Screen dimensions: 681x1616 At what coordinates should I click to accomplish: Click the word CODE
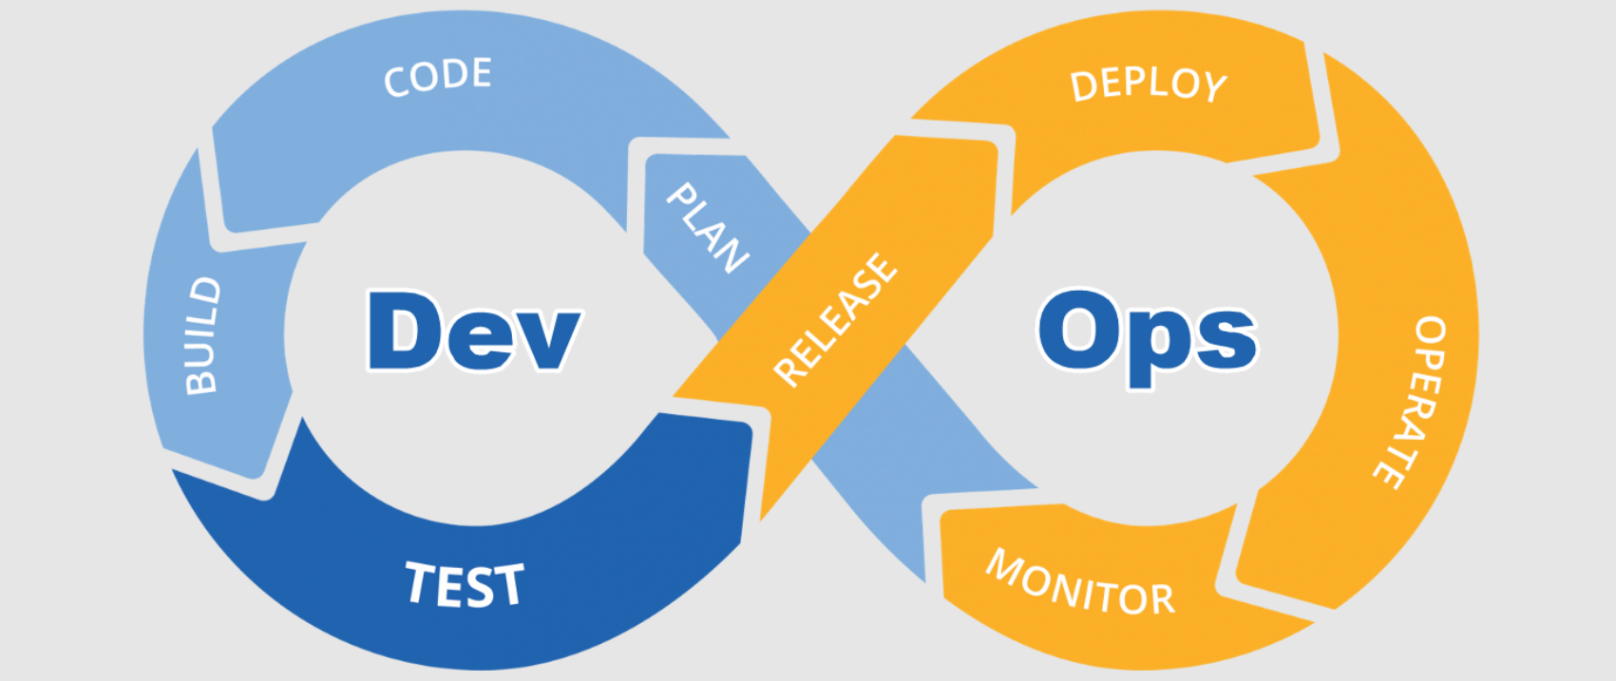tap(438, 77)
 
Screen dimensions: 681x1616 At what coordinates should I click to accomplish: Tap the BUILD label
tap(202, 335)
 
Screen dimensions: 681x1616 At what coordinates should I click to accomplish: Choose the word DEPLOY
tap(1149, 85)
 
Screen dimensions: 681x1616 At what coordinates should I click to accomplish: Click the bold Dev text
tap(473, 331)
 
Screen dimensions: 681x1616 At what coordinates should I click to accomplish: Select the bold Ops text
tap(1148, 334)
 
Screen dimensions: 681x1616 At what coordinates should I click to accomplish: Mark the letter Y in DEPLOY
tap(1212, 86)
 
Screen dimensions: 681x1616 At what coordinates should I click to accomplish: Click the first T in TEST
tap(421, 582)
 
